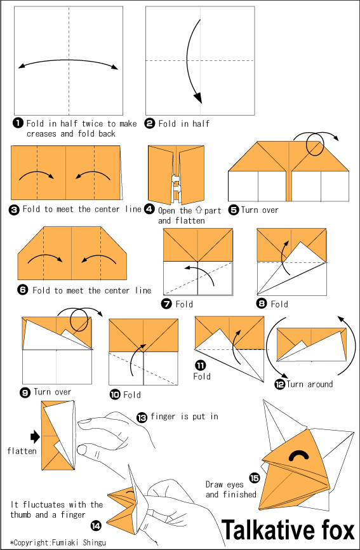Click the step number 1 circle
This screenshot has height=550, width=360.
point(18,123)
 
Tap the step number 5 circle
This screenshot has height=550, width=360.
point(234,209)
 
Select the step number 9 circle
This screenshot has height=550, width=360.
point(25,392)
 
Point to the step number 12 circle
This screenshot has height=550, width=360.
point(279,384)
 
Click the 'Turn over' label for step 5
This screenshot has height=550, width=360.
point(260,210)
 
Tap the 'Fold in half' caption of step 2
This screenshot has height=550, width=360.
point(184,123)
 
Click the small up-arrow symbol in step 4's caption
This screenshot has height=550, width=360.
point(199,210)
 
